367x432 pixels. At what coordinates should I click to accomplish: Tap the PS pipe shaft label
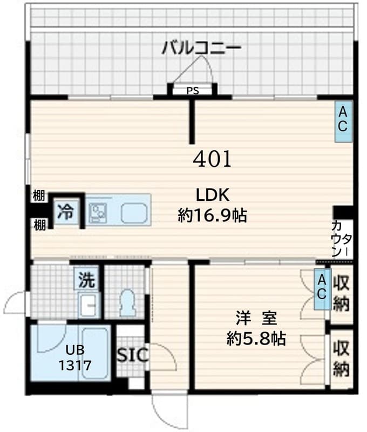coord(193,91)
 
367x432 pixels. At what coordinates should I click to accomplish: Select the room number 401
coord(212,159)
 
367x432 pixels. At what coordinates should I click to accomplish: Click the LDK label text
coord(213,195)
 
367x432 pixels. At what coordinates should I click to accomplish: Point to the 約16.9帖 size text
coord(213,215)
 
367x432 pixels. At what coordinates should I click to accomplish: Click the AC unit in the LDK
coord(343,122)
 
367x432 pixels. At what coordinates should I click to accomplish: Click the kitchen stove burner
coord(99,212)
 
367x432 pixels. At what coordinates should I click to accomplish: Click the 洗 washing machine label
coord(86,280)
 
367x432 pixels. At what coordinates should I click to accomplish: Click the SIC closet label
coord(131,355)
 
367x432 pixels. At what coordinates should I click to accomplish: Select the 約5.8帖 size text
coord(256,339)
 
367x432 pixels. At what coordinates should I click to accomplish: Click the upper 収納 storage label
coord(341,293)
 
